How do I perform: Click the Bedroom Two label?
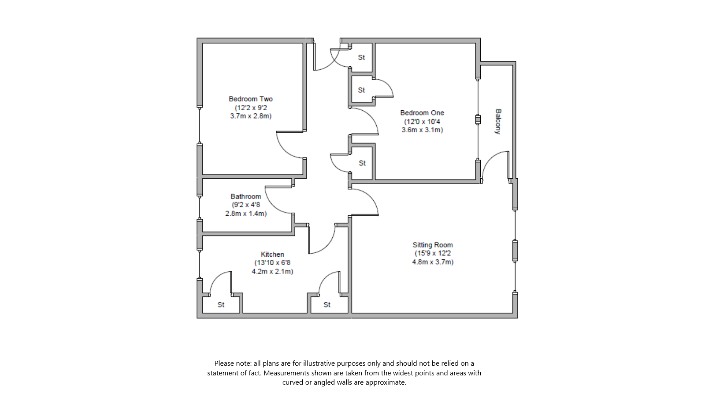pyautogui.click(x=250, y=99)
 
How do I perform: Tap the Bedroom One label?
pyautogui.click(x=422, y=113)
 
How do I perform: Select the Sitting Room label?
pyautogui.click(x=432, y=245)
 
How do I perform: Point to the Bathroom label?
pyautogui.click(x=245, y=196)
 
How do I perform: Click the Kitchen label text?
pyautogui.click(x=272, y=254)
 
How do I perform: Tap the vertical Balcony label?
pyautogui.click(x=498, y=121)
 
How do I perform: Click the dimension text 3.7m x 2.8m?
pyautogui.click(x=251, y=116)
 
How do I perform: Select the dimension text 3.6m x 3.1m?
pyautogui.click(x=422, y=130)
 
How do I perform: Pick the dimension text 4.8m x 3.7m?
pyautogui.click(x=432, y=262)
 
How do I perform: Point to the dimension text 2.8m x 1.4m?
pyautogui.click(x=245, y=213)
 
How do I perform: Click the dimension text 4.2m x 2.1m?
pyautogui.click(x=272, y=271)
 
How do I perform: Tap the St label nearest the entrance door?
pyautogui.click(x=361, y=57)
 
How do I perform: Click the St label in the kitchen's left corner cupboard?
pyautogui.click(x=221, y=305)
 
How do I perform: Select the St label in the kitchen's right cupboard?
pyautogui.click(x=327, y=305)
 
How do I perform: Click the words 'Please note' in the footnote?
pyautogui.click(x=233, y=363)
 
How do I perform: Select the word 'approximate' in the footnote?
pyautogui.click(x=388, y=382)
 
